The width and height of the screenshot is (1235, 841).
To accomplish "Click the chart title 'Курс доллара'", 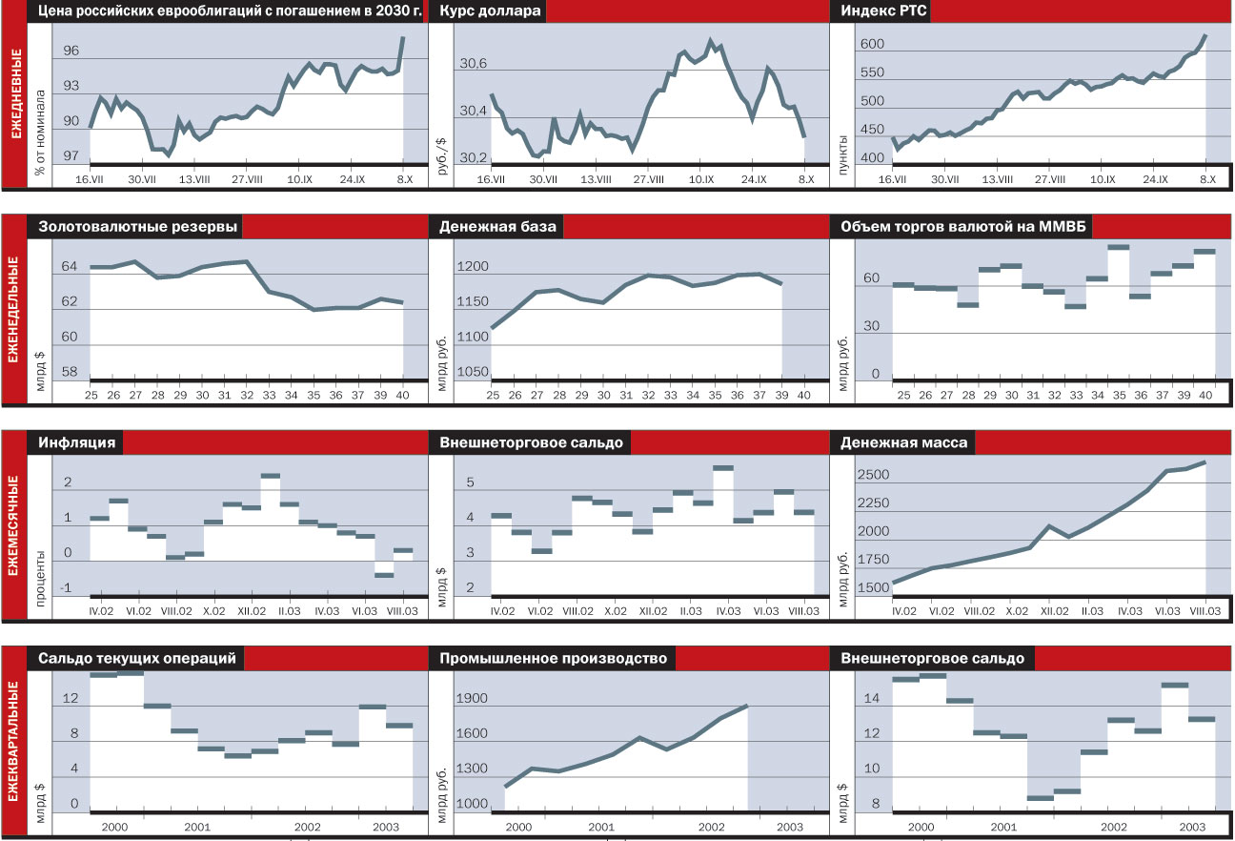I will pos(491,11).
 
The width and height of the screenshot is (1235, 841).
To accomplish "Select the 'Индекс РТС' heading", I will pos(885,11).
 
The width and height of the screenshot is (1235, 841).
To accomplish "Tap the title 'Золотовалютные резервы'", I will pos(138,227).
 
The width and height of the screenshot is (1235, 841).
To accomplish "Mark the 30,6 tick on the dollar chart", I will pos(472,64).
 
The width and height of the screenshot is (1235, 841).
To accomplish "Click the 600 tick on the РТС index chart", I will pos(872,45).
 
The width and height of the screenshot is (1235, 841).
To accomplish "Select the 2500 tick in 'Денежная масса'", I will pos(872,475).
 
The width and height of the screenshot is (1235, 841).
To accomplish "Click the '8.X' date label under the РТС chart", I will pos(1205,178).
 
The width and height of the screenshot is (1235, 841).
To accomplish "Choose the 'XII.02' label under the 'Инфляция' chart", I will pos(252,610).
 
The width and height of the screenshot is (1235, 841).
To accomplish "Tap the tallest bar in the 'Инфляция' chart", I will pos(271,475).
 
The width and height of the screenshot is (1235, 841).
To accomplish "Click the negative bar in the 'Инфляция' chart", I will pos(384,575).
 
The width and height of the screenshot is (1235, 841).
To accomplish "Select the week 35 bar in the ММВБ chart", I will pos(1119,247).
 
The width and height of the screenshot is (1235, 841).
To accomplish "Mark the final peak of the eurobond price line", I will pos(403,38).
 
